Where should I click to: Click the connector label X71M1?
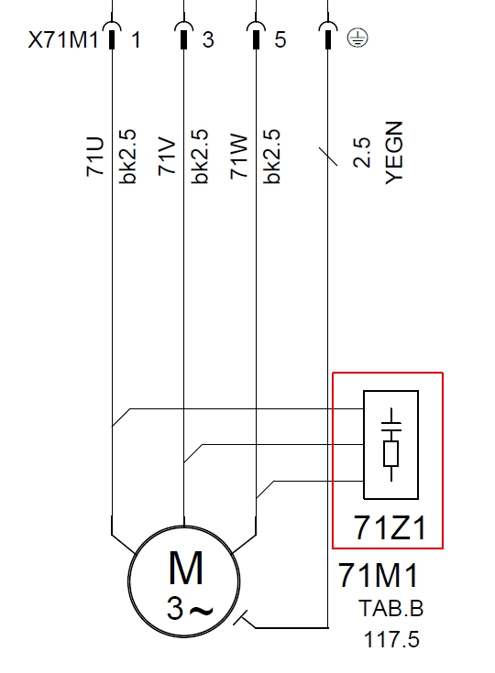(x=63, y=40)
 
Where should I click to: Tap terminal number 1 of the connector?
(x=136, y=40)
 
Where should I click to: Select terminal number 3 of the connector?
(x=208, y=40)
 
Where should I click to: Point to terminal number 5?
(x=280, y=40)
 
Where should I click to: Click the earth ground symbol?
(x=357, y=38)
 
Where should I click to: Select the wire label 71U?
(x=95, y=157)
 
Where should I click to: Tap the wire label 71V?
(x=167, y=157)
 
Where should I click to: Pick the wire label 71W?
(x=239, y=157)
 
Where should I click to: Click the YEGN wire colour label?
(x=394, y=153)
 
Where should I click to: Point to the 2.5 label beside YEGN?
(x=361, y=152)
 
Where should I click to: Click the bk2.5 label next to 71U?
(x=127, y=157)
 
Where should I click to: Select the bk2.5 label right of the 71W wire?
(x=271, y=157)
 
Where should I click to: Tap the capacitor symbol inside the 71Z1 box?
(x=391, y=425)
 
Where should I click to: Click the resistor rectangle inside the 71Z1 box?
(x=391, y=453)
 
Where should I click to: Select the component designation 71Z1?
(x=390, y=527)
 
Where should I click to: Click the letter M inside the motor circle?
(x=185, y=568)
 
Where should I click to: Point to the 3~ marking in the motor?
(x=190, y=609)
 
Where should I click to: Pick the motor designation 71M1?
(x=378, y=575)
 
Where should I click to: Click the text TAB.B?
(x=391, y=608)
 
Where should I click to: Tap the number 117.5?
(x=391, y=639)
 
